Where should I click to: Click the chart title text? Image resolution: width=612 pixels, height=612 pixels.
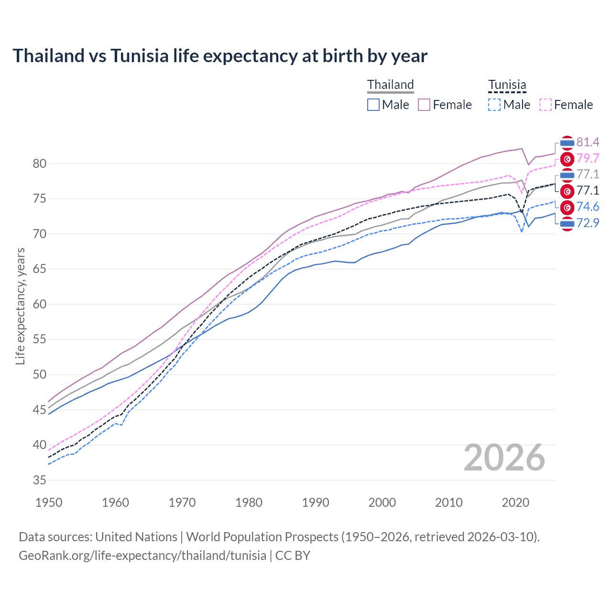coord(220,56)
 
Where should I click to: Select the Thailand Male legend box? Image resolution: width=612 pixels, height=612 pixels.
coord(373,105)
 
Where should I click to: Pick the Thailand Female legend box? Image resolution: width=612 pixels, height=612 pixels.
coord(424,105)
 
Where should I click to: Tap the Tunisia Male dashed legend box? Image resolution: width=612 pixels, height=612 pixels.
coord(494,105)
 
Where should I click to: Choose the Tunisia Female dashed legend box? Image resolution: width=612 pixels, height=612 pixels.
coord(546,105)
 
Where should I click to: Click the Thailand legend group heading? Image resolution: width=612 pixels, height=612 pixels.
coord(390,85)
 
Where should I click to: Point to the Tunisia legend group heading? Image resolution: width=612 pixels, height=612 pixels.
coord(507,85)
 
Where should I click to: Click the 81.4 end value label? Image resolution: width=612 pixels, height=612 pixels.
coord(588,142)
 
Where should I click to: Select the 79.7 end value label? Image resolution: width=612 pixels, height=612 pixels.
coord(588,158)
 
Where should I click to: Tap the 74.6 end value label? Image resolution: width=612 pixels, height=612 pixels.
coord(588,207)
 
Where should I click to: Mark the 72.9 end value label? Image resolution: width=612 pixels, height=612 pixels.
coord(588,223)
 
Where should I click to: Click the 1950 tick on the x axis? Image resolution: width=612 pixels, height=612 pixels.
coord(49,503)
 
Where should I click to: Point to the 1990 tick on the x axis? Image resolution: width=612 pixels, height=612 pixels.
coord(316,503)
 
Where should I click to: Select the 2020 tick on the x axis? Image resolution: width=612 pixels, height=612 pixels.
coord(515,503)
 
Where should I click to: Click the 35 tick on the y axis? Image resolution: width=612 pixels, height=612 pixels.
coord(40,480)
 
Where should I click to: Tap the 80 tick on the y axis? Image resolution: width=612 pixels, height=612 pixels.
coord(40,164)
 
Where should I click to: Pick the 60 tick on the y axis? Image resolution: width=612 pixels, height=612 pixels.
coord(40,304)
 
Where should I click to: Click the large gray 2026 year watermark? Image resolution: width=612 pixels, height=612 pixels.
coord(504,458)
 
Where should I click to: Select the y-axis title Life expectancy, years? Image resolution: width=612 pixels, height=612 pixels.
coord(20,306)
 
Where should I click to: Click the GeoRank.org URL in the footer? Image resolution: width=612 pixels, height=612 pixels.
coord(142,556)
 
